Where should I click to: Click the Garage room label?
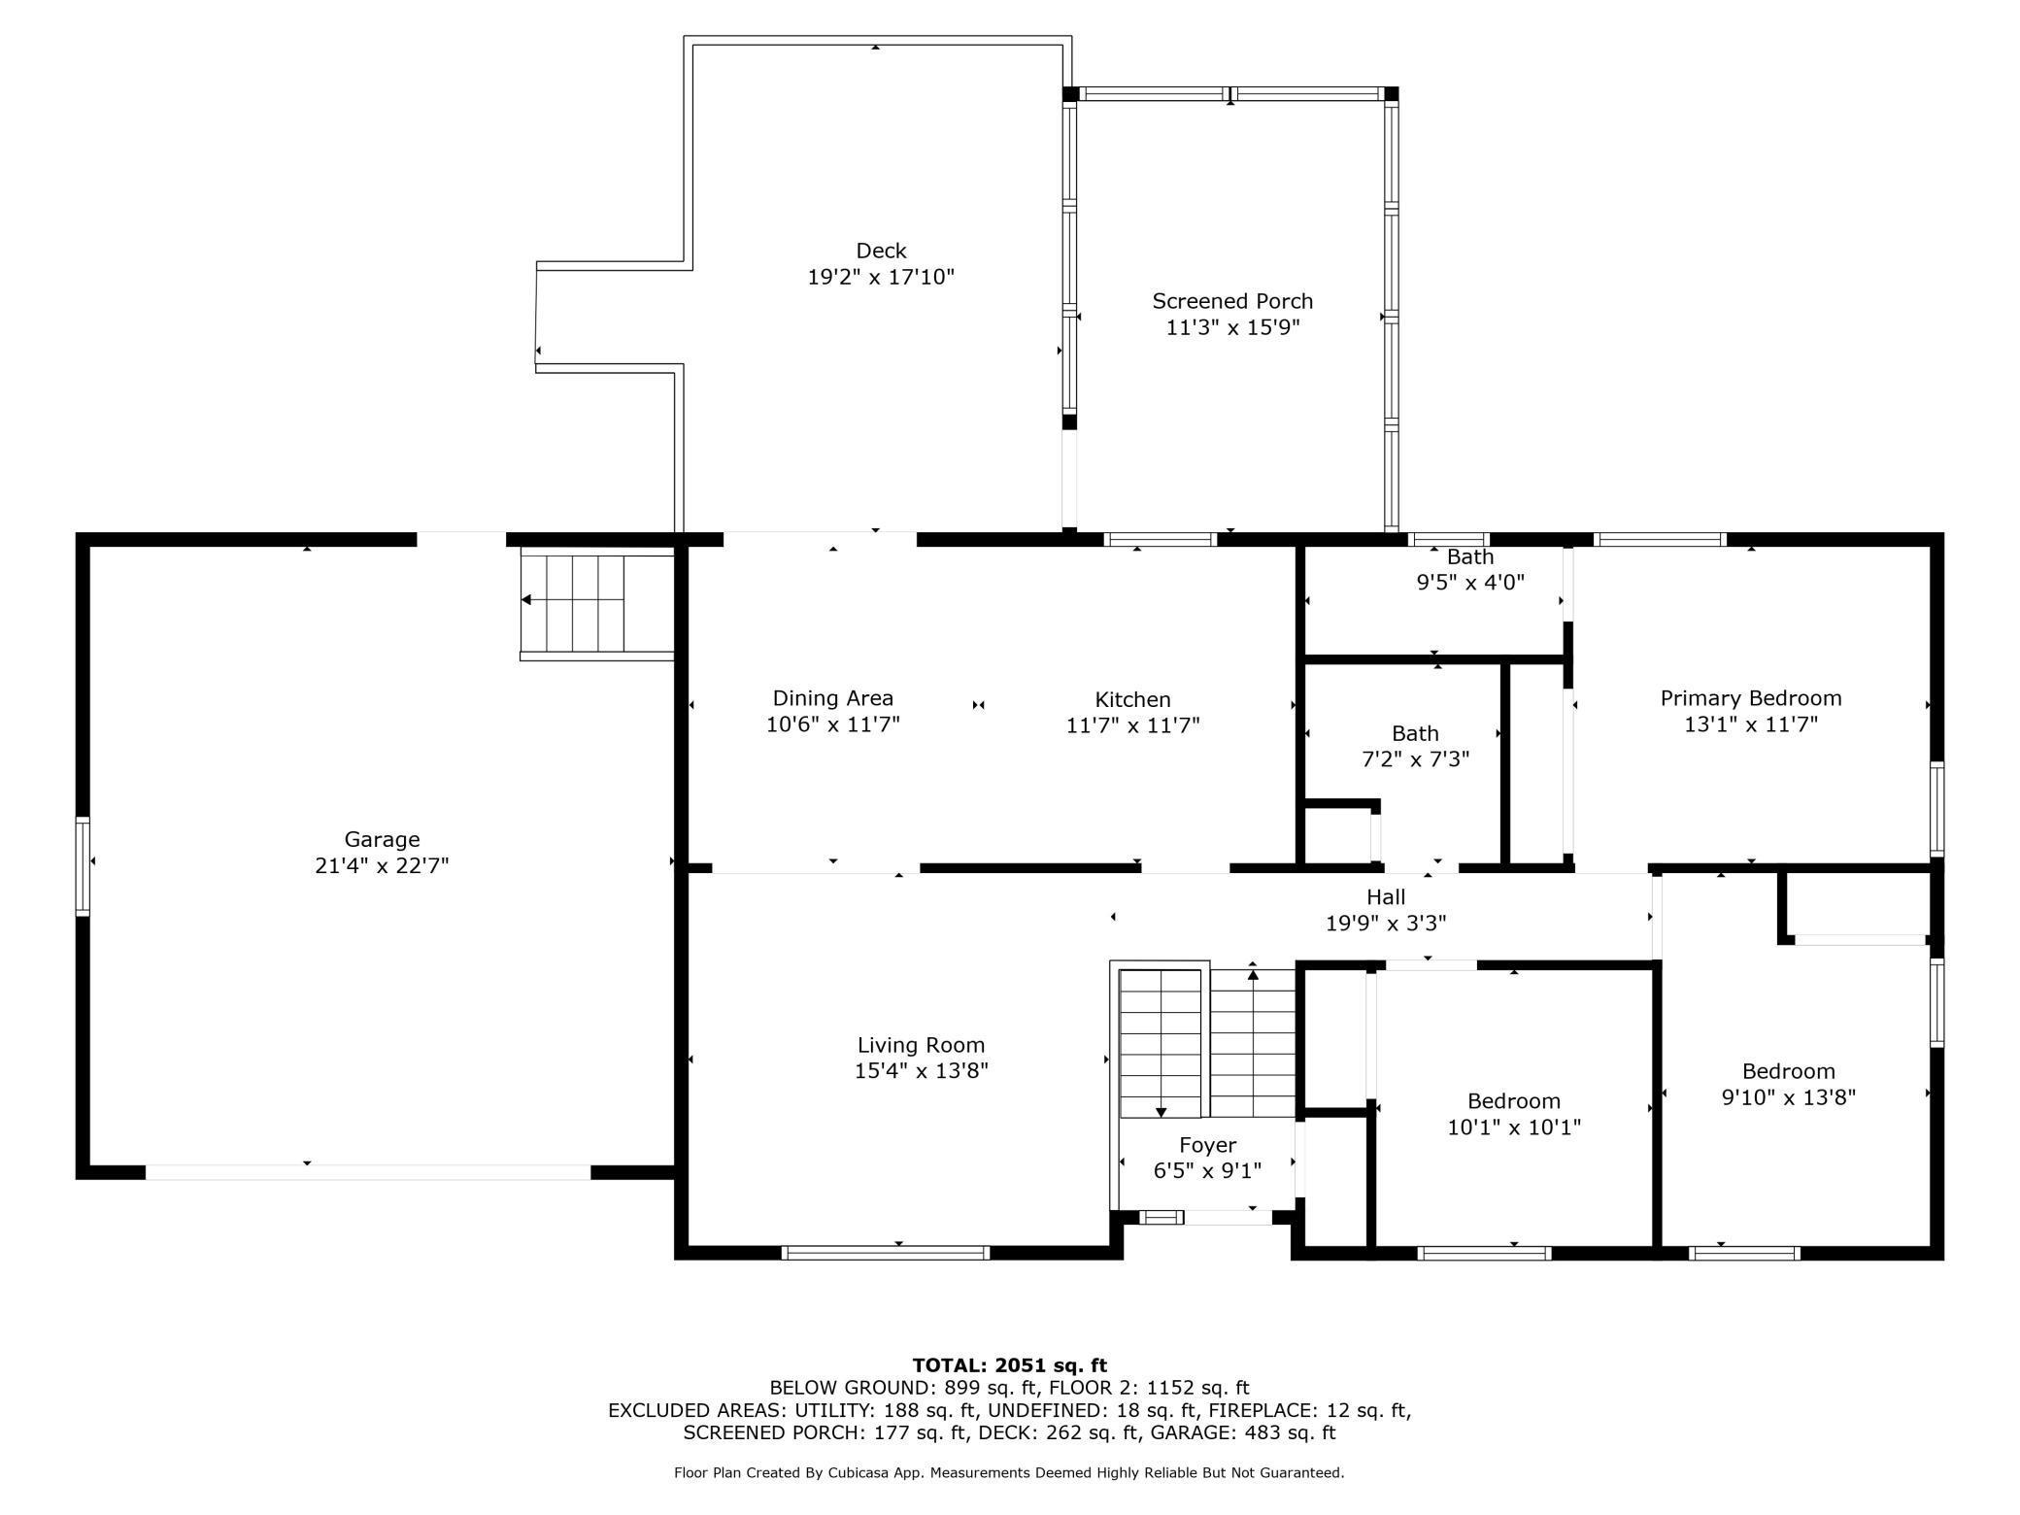tap(382, 839)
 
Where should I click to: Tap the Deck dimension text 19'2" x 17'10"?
tap(881, 278)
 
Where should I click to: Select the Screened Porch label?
tap(1232, 301)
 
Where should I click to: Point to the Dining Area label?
tap(833, 698)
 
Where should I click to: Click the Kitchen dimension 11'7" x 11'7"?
tap(1132, 724)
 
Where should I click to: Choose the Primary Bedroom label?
tap(1751, 698)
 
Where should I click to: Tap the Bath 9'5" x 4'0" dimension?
tap(1470, 582)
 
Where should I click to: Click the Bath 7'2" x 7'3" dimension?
tap(1415, 758)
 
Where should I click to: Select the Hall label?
tap(1386, 896)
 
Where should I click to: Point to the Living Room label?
tap(921, 1045)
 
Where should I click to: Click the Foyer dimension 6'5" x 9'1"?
tap(1207, 1171)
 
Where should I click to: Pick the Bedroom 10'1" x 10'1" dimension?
tap(1514, 1127)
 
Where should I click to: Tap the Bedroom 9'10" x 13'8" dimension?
tap(1788, 1097)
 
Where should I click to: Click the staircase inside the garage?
tap(597, 602)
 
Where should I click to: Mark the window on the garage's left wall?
tap(83, 866)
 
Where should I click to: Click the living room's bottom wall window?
tap(885, 1253)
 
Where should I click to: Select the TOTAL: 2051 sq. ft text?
tap(1009, 1365)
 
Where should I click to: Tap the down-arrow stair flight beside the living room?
tap(1161, 1043)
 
